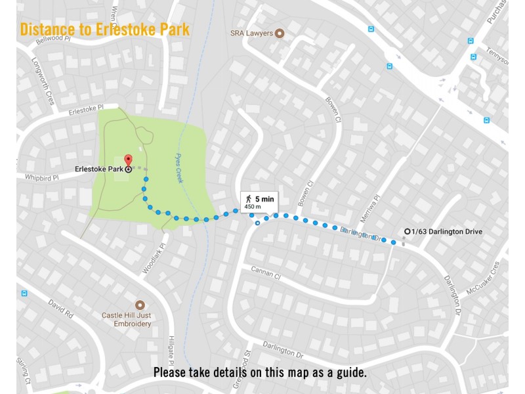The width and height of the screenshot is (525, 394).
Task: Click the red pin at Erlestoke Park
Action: pos(128,160)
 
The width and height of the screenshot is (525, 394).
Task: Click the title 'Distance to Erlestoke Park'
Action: pos(105,30)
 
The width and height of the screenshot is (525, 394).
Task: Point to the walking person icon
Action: pos(249,198)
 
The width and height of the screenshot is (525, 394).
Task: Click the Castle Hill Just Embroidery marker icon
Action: pos(139,305)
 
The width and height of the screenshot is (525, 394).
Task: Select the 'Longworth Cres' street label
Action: pos(41,81)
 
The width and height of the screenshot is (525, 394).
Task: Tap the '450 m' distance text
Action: pos(253,207)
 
